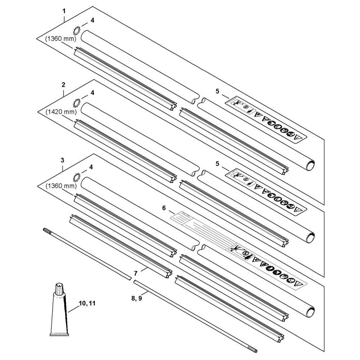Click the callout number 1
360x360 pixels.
coord(64,11)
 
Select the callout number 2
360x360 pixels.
coord(63,85)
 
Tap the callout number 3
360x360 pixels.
coord(63,159)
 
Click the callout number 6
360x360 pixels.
coord(164,208)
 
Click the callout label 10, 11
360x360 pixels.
coord(86,304)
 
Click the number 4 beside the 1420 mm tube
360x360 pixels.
coord(92,93)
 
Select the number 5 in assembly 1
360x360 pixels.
coord(217,91)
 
